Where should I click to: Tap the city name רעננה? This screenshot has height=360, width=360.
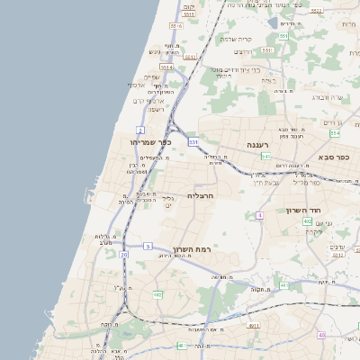(260, 144)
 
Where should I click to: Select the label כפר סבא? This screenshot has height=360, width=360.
(333, 157)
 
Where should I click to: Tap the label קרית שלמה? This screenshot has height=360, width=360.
(238, 39)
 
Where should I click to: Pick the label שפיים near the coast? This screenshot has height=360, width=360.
(150, 76)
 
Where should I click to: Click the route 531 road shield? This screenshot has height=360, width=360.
(193, 141)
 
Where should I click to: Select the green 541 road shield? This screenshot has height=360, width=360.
(266, 157)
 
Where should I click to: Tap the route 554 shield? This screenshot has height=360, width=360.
(335, 133)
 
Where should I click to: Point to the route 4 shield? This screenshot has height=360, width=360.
(259, 216)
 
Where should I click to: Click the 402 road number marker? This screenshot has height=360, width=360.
(307, 220)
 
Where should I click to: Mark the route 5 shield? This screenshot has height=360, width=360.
(147, 246)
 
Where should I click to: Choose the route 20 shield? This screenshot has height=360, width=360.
(124, 255)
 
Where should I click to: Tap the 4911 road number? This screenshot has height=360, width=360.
(254, 326)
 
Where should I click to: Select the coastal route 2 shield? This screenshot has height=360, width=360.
(138, 102)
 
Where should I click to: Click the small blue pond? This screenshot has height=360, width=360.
(274, 23)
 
